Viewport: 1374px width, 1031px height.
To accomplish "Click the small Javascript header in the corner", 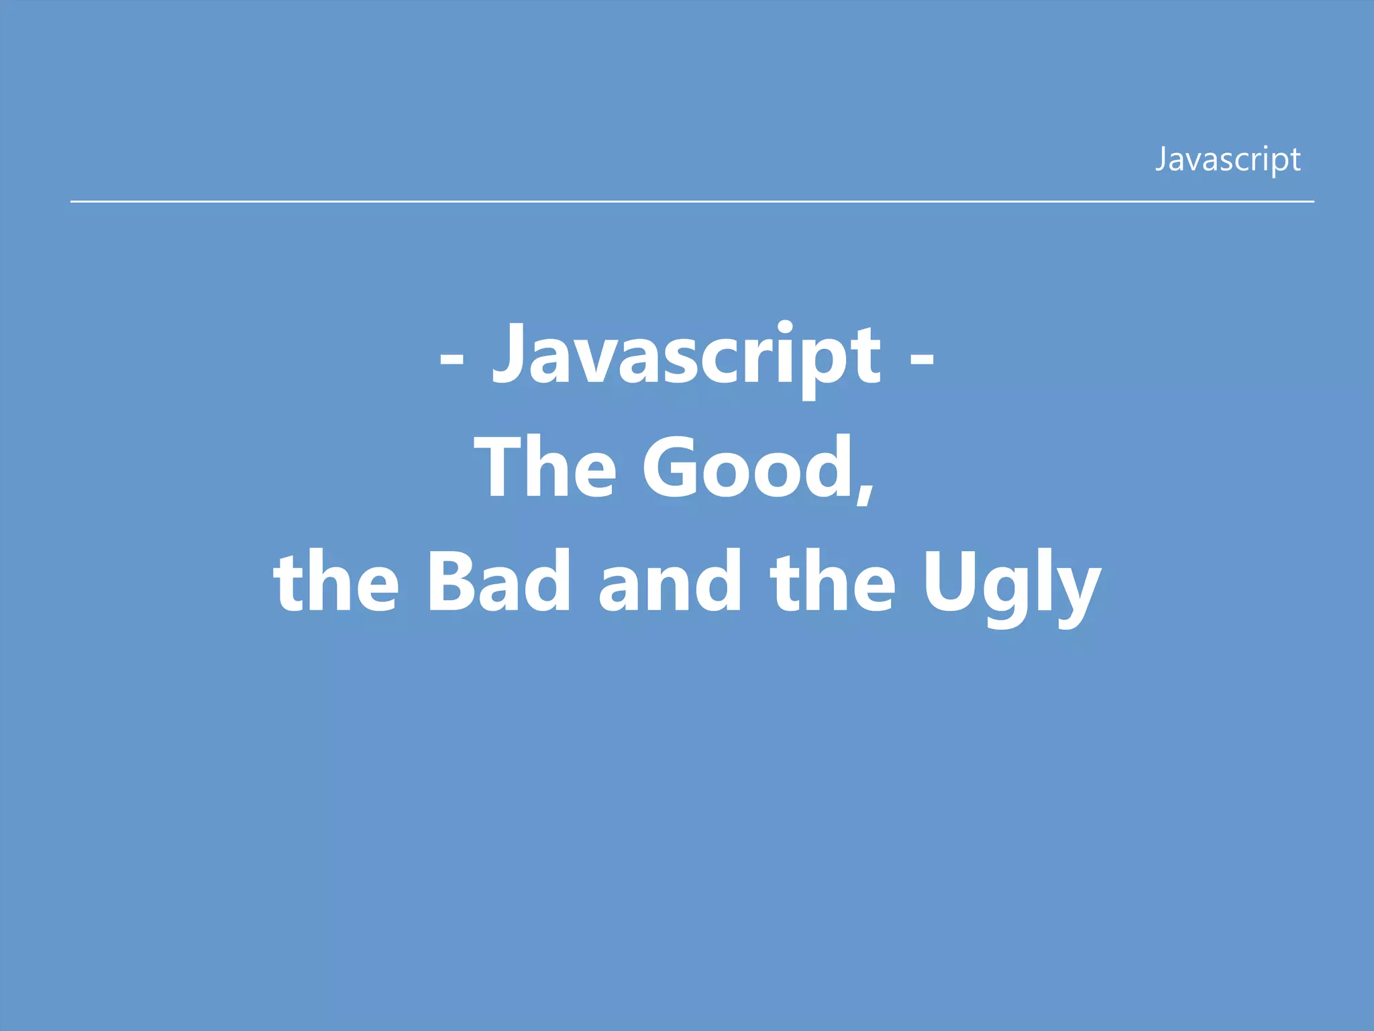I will (x=1227, y=160).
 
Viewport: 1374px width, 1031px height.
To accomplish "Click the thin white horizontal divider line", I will (x=691, y=201).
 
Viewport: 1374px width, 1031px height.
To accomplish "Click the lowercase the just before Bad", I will (x=335, y=581).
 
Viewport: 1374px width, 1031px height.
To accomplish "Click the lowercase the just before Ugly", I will (x=832, y=581).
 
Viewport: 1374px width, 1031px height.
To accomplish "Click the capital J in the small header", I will (x=1161, y=160).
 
